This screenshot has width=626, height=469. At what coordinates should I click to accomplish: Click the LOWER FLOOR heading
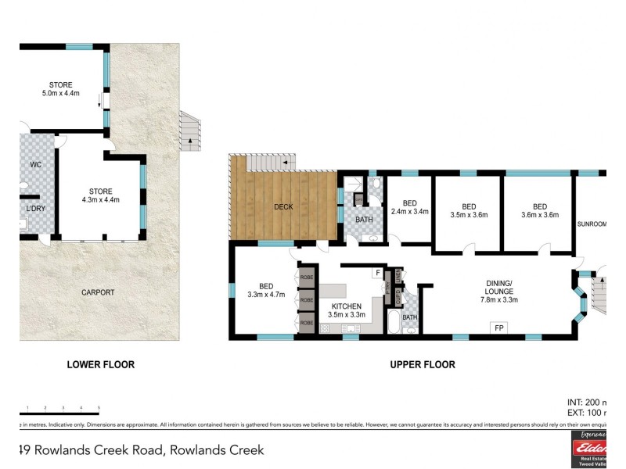tap(100, 364)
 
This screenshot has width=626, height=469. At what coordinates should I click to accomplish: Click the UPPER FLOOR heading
tap(423, 364)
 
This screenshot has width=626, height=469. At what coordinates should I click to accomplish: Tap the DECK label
tap(283, 207)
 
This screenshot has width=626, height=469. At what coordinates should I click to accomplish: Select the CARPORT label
tap(98, 292)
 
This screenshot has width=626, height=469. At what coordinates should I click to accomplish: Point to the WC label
tap(35, 165)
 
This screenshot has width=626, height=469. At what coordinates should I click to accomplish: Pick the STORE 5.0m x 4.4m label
tap(66, 88)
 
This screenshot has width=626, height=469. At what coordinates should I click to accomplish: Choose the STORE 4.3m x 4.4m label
tap(100, 195)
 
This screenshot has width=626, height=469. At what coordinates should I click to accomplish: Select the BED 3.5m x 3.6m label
tap(469, 210)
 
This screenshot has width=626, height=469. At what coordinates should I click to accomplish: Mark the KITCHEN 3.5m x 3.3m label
tap(346, 310)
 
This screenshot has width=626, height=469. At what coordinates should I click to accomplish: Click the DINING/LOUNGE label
tap(499, 290)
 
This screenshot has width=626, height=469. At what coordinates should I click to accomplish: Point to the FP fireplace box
tap(498, 328)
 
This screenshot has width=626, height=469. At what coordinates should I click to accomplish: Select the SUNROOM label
tap(592, 224)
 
